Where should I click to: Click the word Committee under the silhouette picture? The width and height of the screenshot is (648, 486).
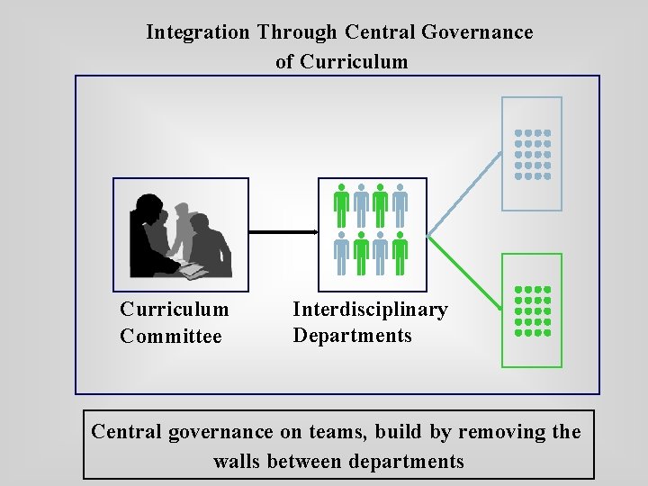pyautogui.click(x=170, y=337)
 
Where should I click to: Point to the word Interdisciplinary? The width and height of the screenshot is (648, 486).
pyautogui.click(x=370, y=310)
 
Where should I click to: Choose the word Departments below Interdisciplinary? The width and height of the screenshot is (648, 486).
pyautogui.click(x=352, y=336)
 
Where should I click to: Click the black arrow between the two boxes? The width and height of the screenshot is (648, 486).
pyautogui.click(x=283, y=232)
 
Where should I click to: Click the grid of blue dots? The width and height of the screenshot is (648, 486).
pyautogui.click(x=532, y=154)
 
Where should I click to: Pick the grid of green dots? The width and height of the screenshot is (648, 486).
pyautogui.click(x=532, y=310)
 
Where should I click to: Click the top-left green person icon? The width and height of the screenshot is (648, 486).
pyautogui.click(x=341, y=205)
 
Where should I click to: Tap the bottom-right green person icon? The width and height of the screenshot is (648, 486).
pyautogui.click(x=400, y=255)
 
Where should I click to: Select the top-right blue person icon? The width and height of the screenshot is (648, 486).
pyautogui.click(x=400, y=205)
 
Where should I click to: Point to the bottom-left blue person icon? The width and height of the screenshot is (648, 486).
pyautogui.click(x=341, y=255)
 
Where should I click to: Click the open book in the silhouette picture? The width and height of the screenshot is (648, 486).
pyautogui.click(x=192, y=269)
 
